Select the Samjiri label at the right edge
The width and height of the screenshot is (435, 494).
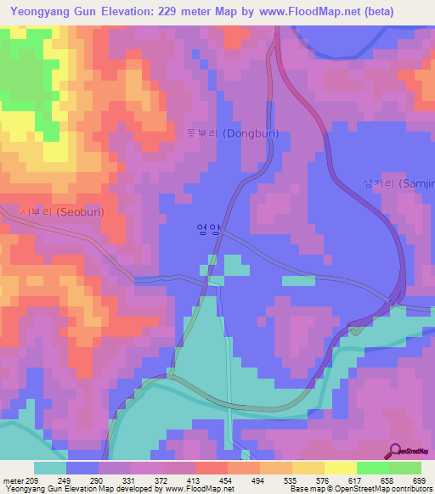[x=398, y=184]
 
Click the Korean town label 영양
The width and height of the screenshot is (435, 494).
[x=207, y=228]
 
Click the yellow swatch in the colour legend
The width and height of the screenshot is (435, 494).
[x=341, y=468]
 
